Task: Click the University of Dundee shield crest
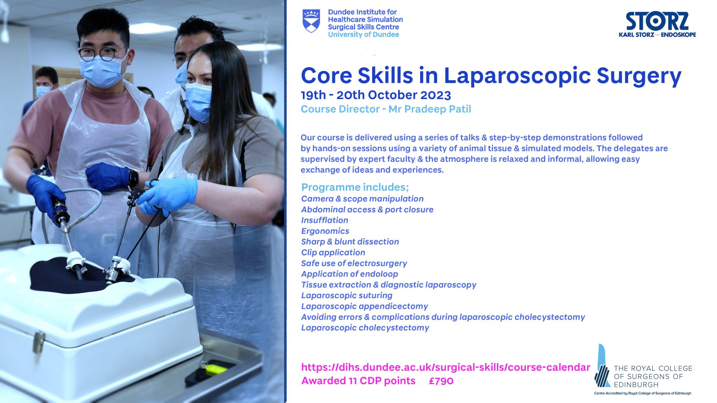coord(311,21)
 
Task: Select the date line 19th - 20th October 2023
coord(376,95)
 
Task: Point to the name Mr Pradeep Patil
coord(430,109)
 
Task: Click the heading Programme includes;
coord(355,187)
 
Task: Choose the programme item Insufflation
coord(325,220)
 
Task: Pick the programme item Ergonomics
coord(325,231)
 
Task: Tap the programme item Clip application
coord(333,252)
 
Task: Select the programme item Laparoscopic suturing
coord(347,295)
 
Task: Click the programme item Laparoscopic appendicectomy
coord(364,306)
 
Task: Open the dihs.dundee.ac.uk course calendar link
coord(445,367)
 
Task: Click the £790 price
coord(441,381)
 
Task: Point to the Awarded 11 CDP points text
coord(358,381)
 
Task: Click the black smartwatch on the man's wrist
coord(133,178)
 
